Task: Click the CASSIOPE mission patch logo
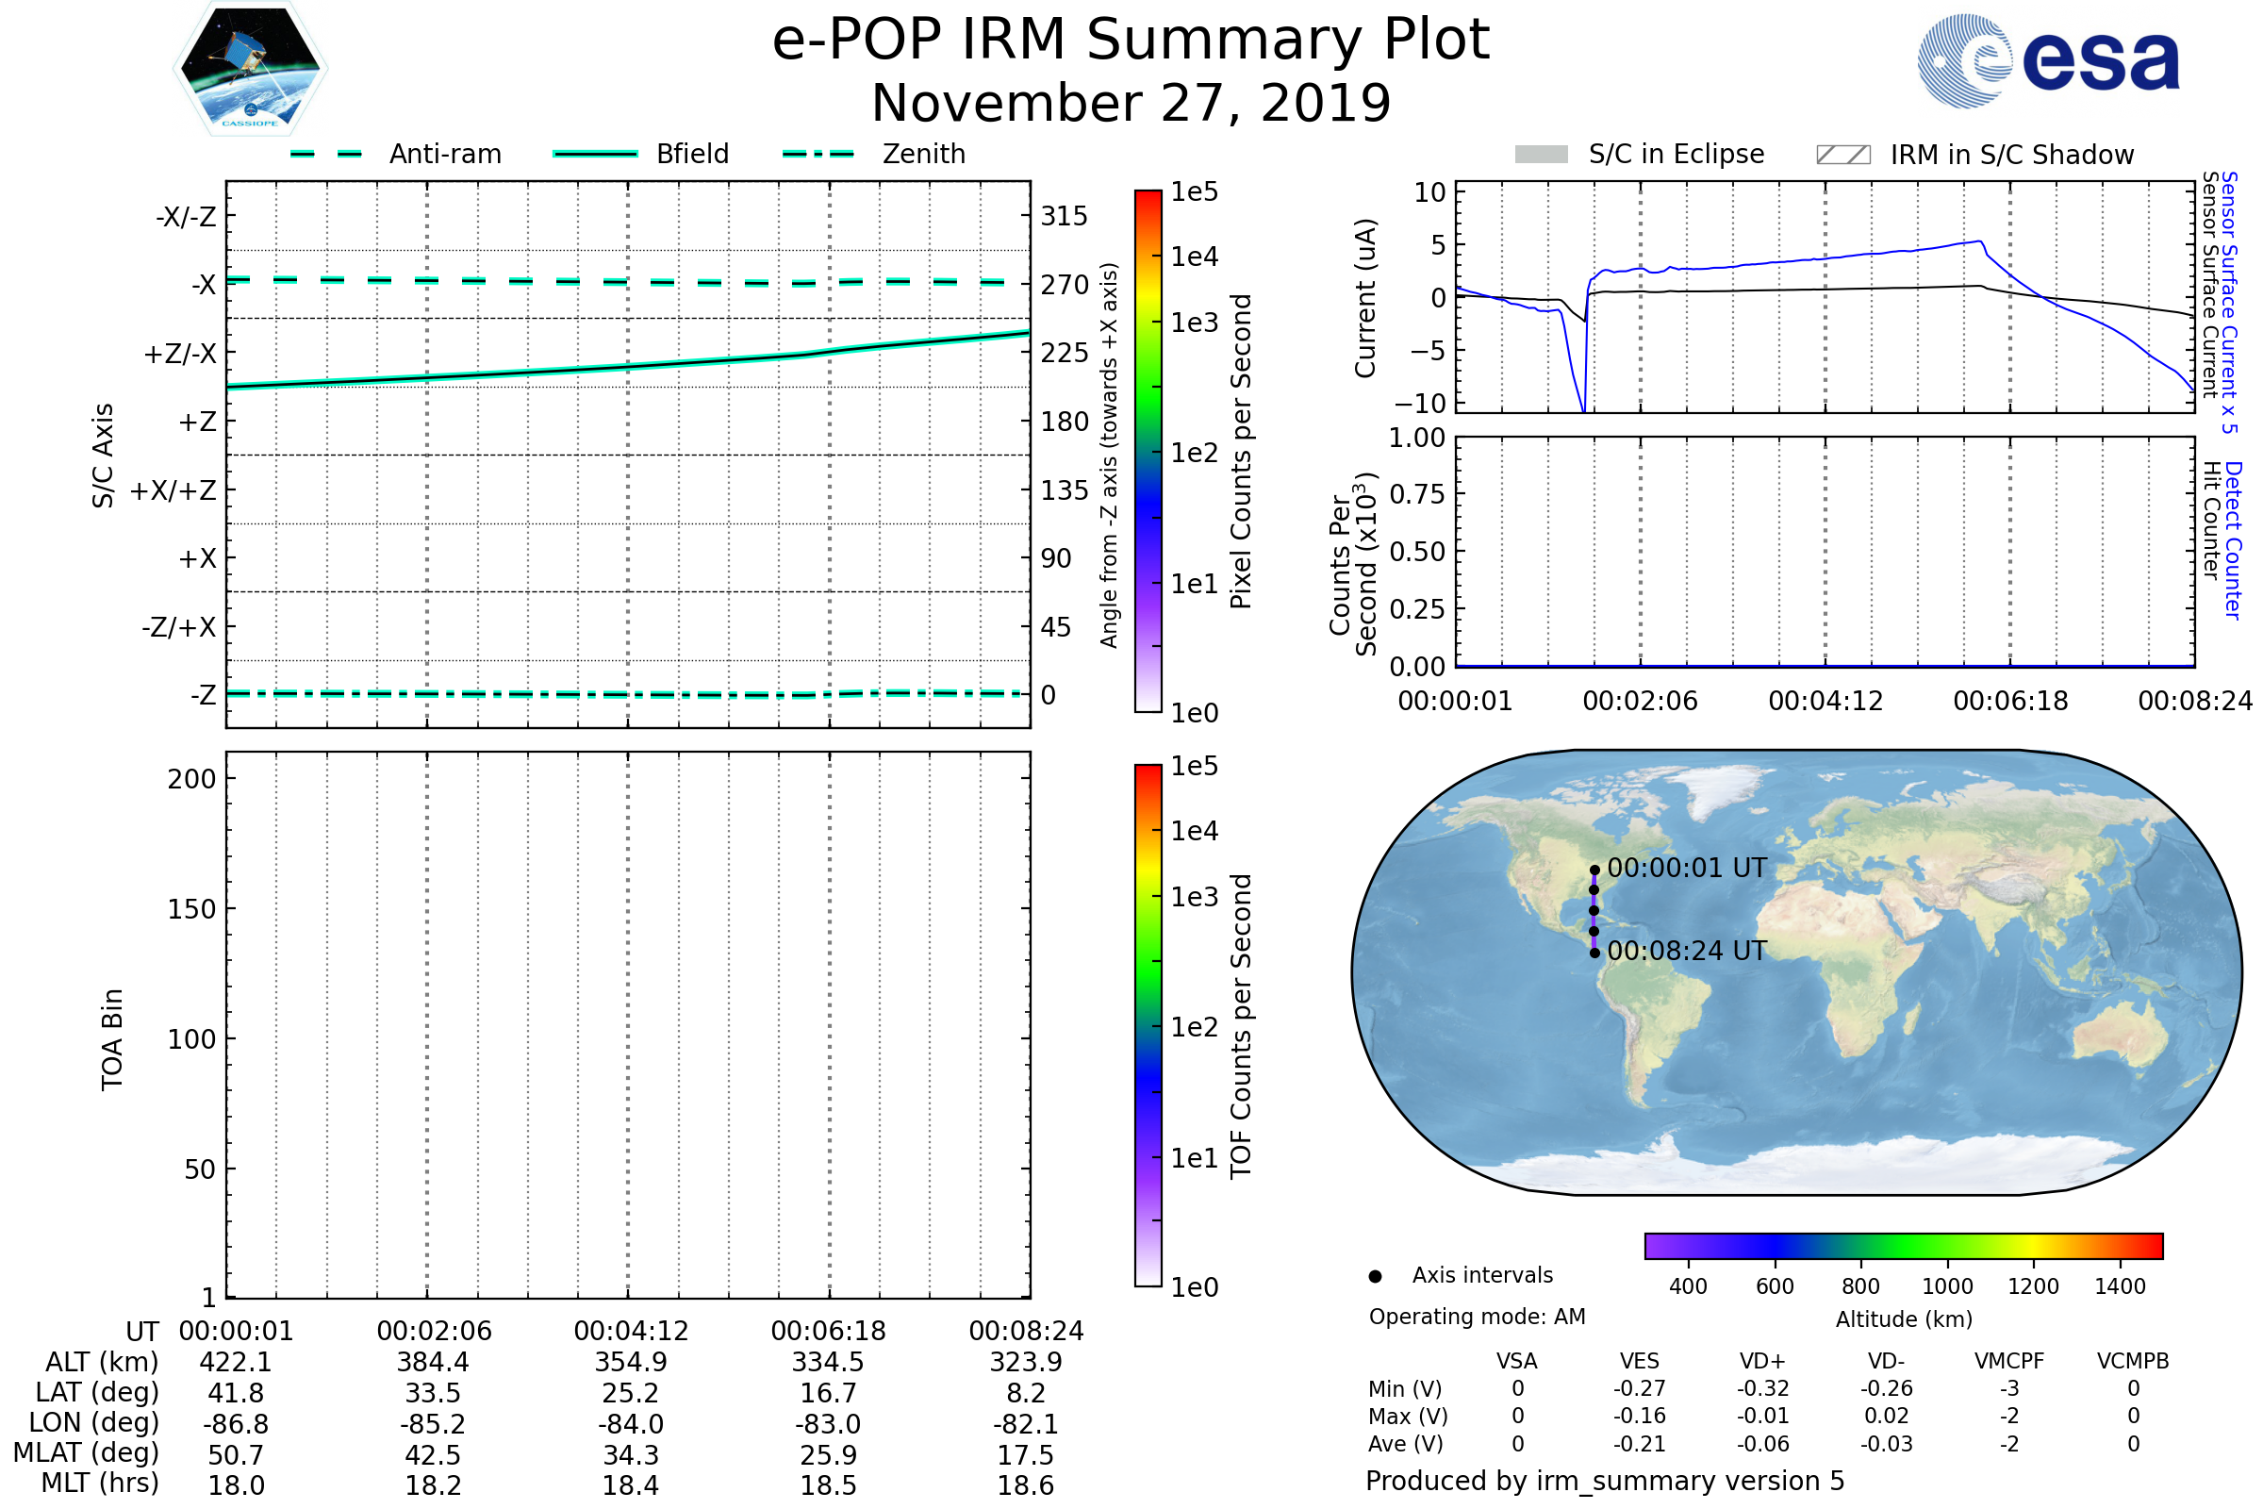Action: click(250, 67)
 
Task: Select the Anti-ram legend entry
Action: click(444, 154)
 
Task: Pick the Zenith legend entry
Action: click(923, 154)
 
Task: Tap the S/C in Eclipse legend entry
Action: click(1676, 154)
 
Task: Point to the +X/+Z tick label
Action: click(173, 490)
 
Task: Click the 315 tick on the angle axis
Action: click(1064, 216)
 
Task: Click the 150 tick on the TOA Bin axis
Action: click(191, 909)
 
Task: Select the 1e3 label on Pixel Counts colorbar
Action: click(1194, 323)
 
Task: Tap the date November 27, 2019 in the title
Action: click(1131, 103)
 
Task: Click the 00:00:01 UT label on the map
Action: click(1686, 868)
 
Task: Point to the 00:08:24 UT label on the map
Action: click(1686, 951)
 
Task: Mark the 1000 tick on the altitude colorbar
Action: click(1946, 1286)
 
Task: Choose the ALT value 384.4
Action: click(433, 1363)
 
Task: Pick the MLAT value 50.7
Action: click(236, 1455)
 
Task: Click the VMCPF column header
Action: click(2008, 1361)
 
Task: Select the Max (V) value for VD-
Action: click(1886, 1416)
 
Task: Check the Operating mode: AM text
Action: click(1477, 1317)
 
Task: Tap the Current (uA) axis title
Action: click(1365, 298)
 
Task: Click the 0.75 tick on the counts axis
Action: click(1417, 494)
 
